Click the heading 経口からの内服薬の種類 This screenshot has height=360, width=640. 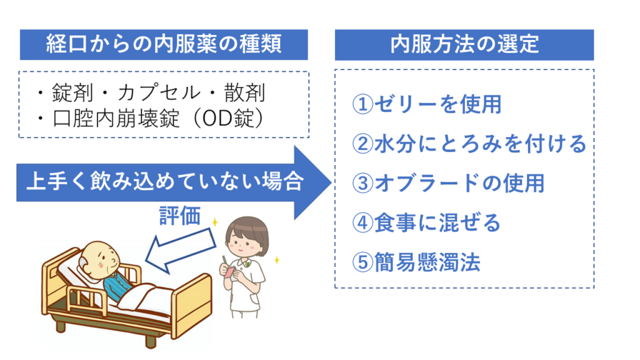[x=164, y=44]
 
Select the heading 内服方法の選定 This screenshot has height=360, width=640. [x=464, y=44]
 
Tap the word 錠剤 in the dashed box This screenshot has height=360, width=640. [x=72, y=93]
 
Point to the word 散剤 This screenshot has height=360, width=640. [x=244, y=93]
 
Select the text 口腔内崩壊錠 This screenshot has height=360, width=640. [x=116, y=119]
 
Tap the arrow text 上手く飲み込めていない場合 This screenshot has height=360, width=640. [x=165, y=181]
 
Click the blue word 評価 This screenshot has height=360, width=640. [x=180, y=215]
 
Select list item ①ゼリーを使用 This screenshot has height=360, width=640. [x=427, y=104]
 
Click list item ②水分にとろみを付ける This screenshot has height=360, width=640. [x=469, y=144]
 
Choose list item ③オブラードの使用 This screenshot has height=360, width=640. [x=448, y=183]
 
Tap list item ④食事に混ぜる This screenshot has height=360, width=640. [x=426, y=222]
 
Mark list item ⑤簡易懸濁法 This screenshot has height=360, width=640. [x=416, y=262]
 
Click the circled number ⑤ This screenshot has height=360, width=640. [x=362, y=262]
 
